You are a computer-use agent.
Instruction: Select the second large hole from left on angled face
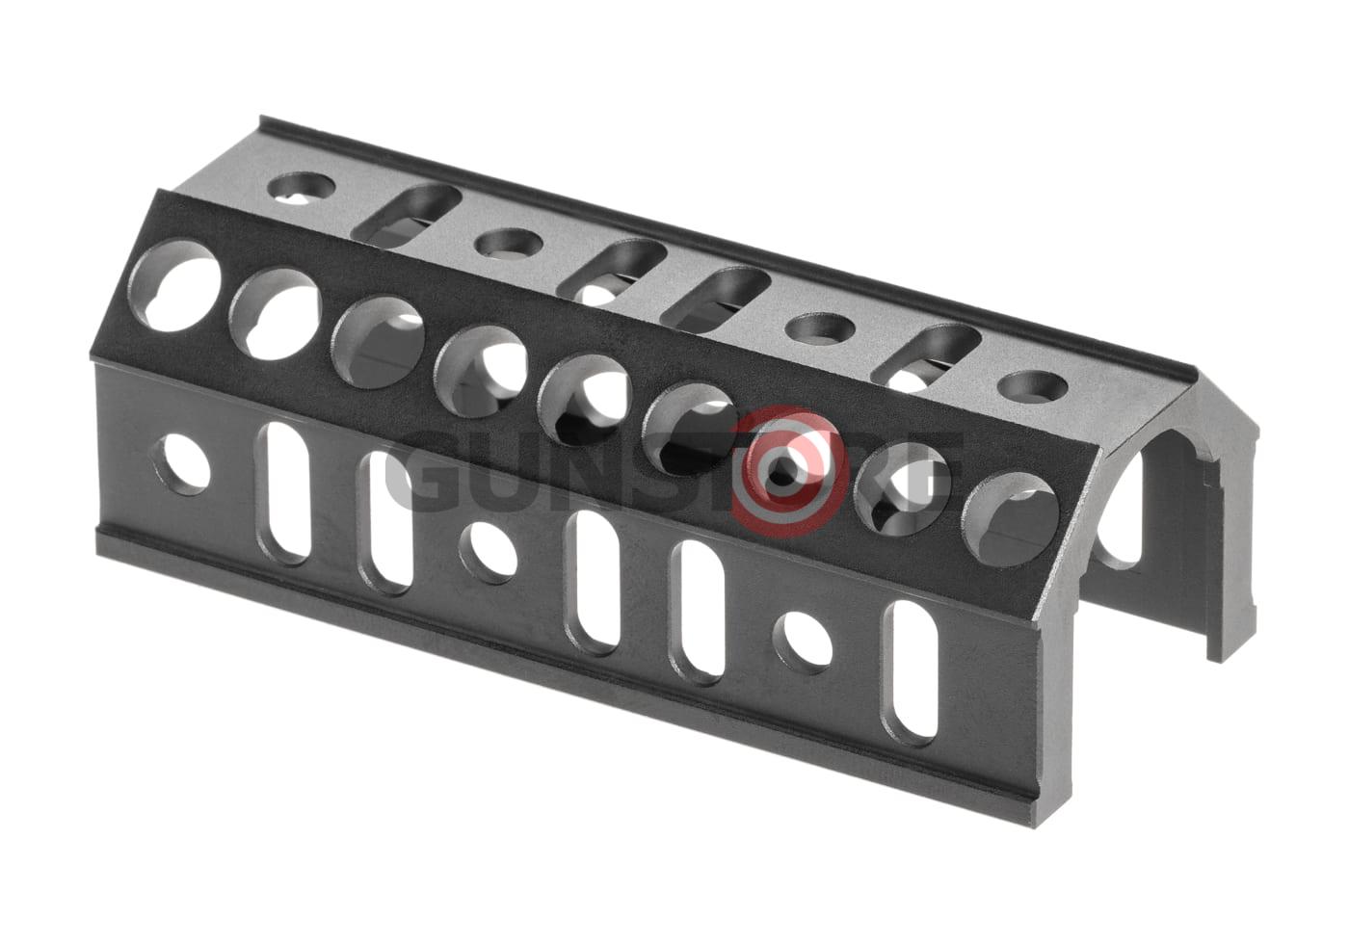click(275, 313)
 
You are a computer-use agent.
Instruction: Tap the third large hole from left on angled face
click(378, 342)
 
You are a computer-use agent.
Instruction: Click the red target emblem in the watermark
click(786, 470)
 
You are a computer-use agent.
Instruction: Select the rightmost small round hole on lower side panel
click(803, 639)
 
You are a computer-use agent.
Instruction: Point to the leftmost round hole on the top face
click(300, 185)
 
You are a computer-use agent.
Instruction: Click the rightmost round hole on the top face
click(1032, 387)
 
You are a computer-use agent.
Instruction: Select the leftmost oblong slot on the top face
click(407, 214)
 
